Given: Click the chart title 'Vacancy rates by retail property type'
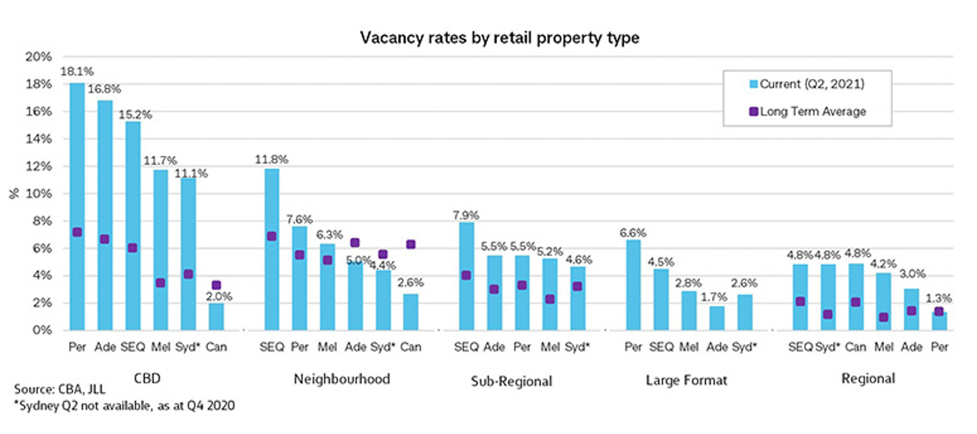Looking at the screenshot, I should pos(499,38).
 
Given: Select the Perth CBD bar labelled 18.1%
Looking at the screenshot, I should pos(77,206).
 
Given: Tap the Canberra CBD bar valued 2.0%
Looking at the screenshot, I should pos(216,317).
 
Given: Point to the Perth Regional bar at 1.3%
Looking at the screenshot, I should pos(939,322).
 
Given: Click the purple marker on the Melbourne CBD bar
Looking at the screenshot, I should pos(161,282).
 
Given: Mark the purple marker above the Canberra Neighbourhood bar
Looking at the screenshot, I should pos(410,244).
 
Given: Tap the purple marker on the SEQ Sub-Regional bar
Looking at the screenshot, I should pos(466,275).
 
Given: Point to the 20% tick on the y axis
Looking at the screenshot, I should pos(38,57).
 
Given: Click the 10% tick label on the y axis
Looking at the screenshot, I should pos(38,193).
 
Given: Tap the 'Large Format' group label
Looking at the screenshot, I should pos(686,380).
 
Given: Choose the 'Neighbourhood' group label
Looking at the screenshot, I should pos(342,379).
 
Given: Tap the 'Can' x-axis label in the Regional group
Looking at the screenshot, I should pos(856,347).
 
